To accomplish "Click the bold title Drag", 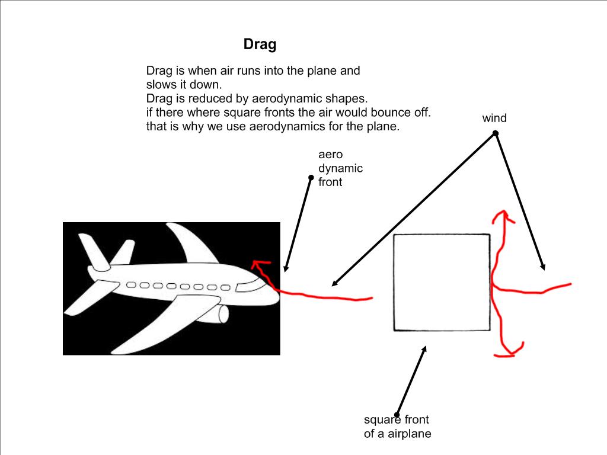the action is pyautogui.click(x=260, y=44).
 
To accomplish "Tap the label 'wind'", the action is pyautogui.click(x=494, y=118).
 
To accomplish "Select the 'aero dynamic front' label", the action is pyautogui.click(x=340, y=168).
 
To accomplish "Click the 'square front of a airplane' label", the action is pyautogui.click(x=397, y=427).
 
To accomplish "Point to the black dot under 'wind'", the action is pyautogui.click(x=496, y=133).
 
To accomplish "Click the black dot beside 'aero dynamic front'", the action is pyautogui.click(x=311, y=177).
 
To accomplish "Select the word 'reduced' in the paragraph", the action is pyautogui.click(x=205, y=98).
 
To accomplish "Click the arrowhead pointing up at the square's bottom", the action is pyautogui.click(x=424, y=350).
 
